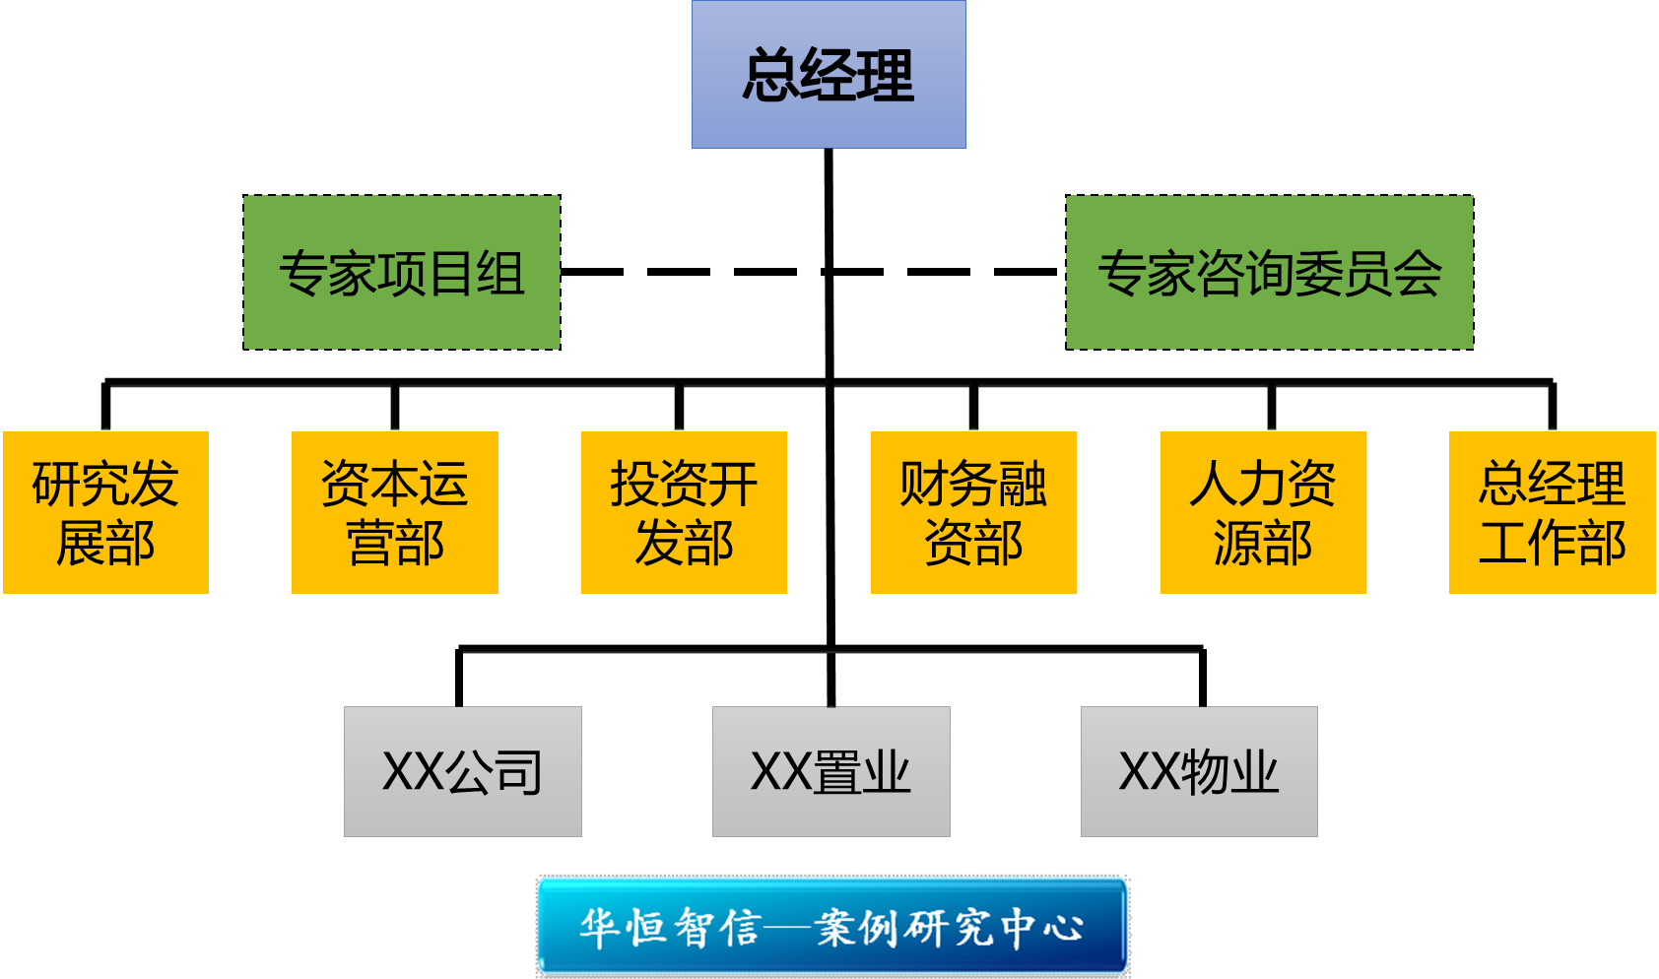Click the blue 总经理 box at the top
pyautogui.click(x=829, y=75)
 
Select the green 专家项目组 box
pyautogui.click(x=402, y=273)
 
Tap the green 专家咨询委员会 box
pyautogui.click(x=1269, y=273)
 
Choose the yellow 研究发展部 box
pyautogui.click(x=106, y=512)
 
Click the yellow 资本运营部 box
pyautogui.click(x=395, y=512)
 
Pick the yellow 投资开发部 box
pyautogui.click(x=684, y=512)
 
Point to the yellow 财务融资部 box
pyautogui.click(x=973, y=512)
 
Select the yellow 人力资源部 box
pyautogui.click(x=1263, y=512)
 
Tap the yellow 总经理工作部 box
pyautogui.click(x=1552, y=512)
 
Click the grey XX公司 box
pyautogui.click(x=463, y=771)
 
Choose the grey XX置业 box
pyautogui.click(x=830, y=771)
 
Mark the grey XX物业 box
pyautogui.click(x=1199, y=771)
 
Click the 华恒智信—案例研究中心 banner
pyautogui.click(x=832, y=926)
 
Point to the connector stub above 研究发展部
pyautogui.click(x=105, y=406)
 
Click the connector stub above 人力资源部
pyautogui.click(x=1271, y=406)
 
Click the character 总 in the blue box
pyautogui.click(x=769, y=76)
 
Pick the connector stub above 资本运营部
pyautogui.click(x=395, y=406)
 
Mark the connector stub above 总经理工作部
pyautogui.click(x=1553, y=406)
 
